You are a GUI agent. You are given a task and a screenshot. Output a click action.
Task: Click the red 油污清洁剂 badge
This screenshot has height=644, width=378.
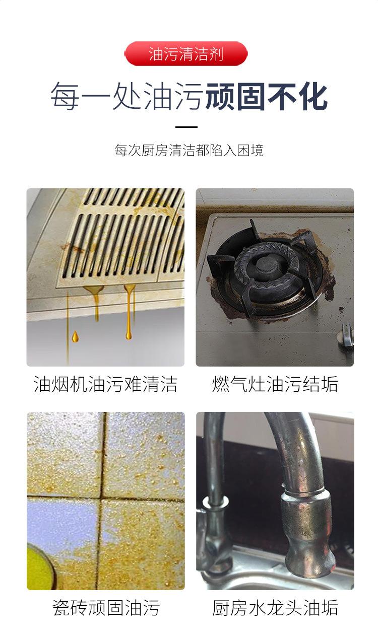pyautogui.click(x=186, y=54)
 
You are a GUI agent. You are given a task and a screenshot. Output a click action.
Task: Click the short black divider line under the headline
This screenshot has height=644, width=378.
pyautogui.click(x=186, y=127)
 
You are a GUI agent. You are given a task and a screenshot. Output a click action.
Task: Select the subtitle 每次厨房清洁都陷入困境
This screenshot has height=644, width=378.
pyautogui.click(x=188, y=150)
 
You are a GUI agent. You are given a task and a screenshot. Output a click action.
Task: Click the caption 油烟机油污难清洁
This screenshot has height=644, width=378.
pyautogui.click(x=105, y=385)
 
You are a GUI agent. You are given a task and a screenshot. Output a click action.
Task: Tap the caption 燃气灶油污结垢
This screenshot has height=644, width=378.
pyautogui.click(x=275, y=385)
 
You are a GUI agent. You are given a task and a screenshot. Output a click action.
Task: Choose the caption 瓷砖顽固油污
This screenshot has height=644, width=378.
pyautogui.click(x=105, y=608)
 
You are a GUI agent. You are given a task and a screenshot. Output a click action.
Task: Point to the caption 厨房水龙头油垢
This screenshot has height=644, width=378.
pyautogui.click(x=275, y=608)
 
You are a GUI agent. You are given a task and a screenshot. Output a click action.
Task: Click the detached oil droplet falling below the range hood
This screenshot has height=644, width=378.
pyautogui.click(x=75, y=336)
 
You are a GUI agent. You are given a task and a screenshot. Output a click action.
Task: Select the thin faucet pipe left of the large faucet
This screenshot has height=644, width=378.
pyautogui.click(x=214, y=453)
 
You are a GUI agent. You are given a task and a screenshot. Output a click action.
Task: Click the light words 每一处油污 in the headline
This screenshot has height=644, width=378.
pyautogui.click(x=126, y=97)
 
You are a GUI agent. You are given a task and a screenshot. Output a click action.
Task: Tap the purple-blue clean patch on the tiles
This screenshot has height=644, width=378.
pyautogui.click(x=60, y=519)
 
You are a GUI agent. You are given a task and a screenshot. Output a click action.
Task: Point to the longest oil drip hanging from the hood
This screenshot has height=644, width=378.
pyautogui.click(x=130, y=312)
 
